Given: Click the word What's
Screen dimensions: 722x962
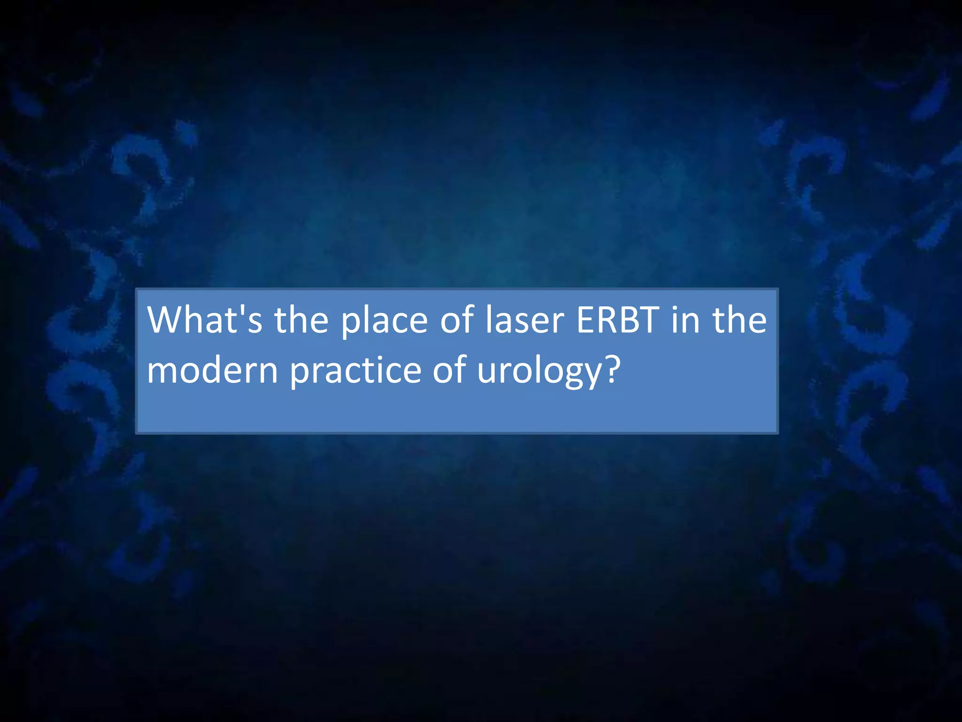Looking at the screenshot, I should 204,320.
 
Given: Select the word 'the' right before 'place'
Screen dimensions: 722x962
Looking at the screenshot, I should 301,320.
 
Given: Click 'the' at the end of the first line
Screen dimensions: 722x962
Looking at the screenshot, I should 740,320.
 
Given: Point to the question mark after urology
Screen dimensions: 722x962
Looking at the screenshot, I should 611,369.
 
